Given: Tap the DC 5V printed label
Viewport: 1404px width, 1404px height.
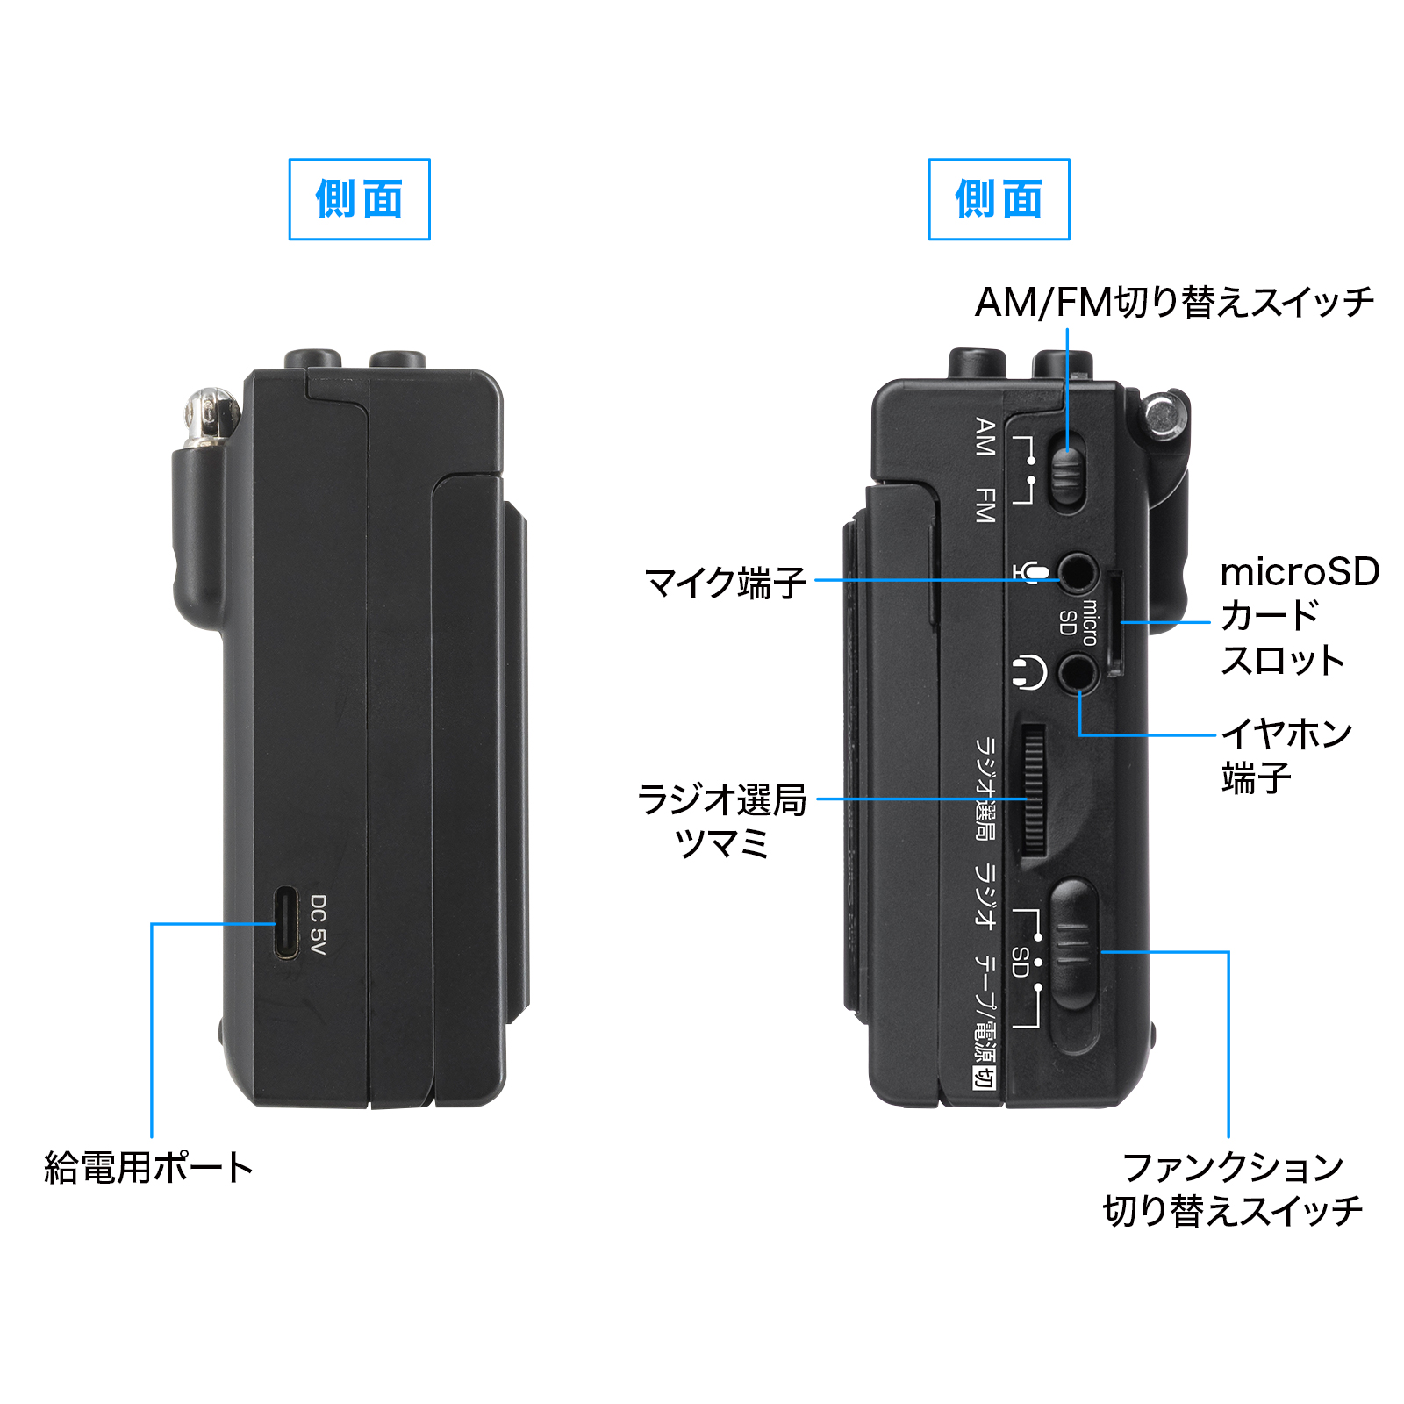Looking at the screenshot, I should pyautogui.click(x=318, y=925).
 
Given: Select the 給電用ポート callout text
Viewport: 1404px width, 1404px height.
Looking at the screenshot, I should pyautogui.click(x=148, y=1167).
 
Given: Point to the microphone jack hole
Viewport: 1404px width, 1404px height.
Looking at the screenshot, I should pyautogui.click(x=1078, y=575).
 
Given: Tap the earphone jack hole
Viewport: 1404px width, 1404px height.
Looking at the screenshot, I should pyautogui.click(x=1078, y=674).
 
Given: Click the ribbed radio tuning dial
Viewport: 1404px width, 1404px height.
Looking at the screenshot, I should pyautogui.click(x=1034, y=790).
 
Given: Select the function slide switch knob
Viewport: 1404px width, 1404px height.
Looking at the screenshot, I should pyautogui.click(x=1074, y=943).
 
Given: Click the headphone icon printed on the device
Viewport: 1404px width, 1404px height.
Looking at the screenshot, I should pyautogui.click(x=1028, y=673).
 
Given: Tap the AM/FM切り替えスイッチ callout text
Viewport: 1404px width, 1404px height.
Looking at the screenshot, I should pyautogui.click(x=1174, y=303).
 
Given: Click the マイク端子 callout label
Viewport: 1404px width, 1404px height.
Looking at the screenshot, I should pyautogui.click(x=725, y=582).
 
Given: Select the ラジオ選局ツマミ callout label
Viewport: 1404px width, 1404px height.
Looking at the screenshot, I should pyautogui.click(x=721, y=821).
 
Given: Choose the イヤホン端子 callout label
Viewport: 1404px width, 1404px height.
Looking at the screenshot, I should pyautogui.click(x=1286, y=756).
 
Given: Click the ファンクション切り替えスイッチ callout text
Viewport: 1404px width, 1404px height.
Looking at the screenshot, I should pyautogui.click(x=1232, y=1189).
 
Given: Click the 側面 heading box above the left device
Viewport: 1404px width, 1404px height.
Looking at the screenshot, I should pyautogui.click(x=360, y=199).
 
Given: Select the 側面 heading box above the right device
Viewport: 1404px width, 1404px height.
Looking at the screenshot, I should pyautogui.click(x=999, y=199).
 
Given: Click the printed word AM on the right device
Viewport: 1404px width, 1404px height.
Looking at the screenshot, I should pyautogui.click(x=985, y=436).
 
